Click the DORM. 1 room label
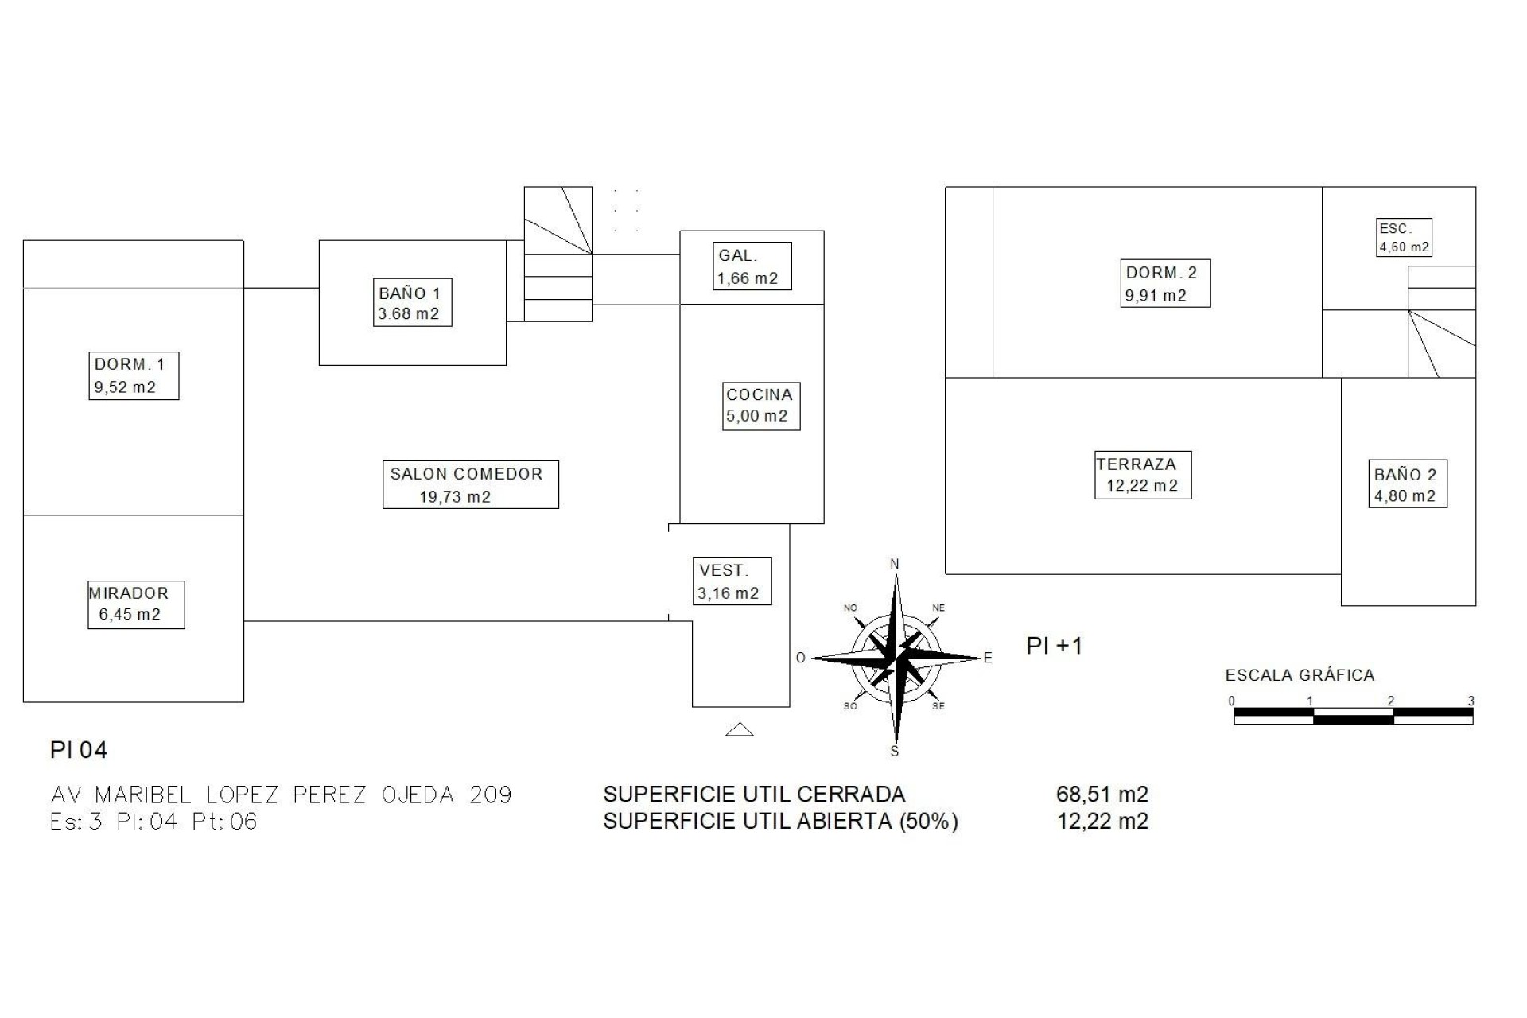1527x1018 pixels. click(134, 375)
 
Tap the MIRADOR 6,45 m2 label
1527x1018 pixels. click(136, 604)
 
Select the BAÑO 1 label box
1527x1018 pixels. click(414, 302)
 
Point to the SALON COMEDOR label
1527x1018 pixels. click(471, 484)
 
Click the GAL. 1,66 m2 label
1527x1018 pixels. click(752, 266)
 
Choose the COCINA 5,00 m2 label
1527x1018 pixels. click(761, 406)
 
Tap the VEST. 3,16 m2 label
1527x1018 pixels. click(732, 581)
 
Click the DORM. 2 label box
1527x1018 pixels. click(1165, 283)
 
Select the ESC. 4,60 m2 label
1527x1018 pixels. click(1405, 237)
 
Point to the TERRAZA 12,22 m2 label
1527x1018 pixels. click(1143, 475)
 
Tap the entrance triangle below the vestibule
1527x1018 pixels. click(740, 729)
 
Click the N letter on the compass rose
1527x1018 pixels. click(895, 565)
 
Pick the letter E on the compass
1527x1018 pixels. click(989, 658)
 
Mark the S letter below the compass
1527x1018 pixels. click(895, 752)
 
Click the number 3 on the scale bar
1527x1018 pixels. click(1471, 701)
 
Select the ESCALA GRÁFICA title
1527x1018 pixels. click(1300, 675)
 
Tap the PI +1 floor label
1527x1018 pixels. click(1055, 646)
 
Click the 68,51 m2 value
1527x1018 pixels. click(1102, 795)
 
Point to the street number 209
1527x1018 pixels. click(491, 795)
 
